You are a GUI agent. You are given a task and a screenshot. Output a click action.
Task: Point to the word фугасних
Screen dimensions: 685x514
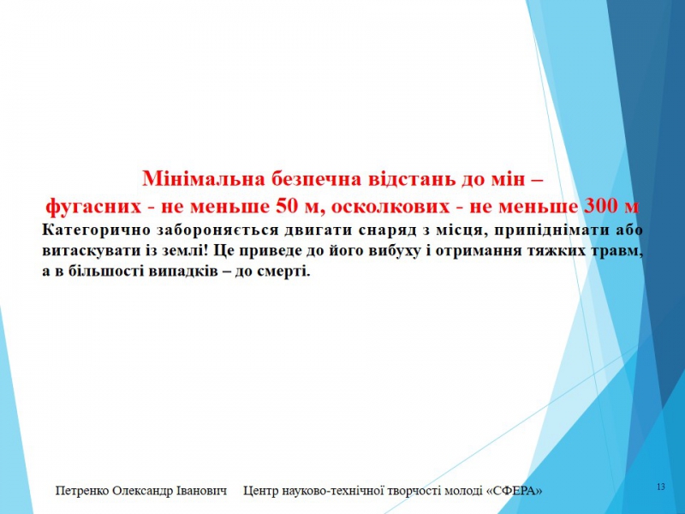[93, 206]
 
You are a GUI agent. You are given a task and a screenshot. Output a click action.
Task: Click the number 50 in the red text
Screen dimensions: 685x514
[286, 206]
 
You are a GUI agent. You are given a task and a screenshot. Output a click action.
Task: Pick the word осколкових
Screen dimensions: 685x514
[390, 206]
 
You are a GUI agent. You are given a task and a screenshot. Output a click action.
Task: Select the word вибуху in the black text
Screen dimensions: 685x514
[388, 251]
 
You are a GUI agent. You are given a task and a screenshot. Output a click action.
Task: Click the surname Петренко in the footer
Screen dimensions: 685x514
[83, 491]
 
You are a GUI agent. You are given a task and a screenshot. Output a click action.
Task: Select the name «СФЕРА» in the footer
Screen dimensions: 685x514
[515, 491]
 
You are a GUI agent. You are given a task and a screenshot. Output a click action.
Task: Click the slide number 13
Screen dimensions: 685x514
[661, 487]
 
